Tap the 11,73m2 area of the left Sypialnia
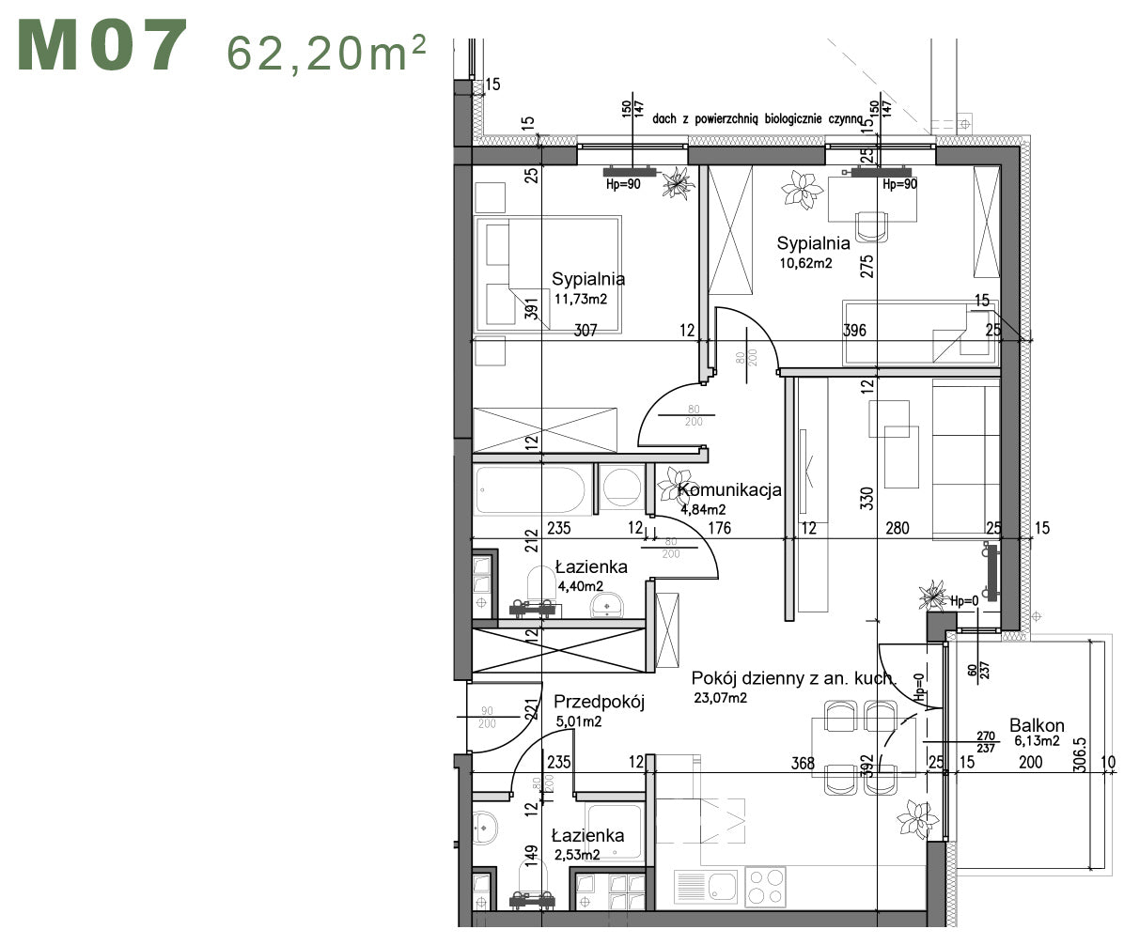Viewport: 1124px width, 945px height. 581,301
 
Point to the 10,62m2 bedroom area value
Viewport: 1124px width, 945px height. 804,263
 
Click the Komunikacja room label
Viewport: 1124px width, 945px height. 729,490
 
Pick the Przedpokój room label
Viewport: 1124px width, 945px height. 598,702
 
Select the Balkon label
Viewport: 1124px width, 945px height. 1037,725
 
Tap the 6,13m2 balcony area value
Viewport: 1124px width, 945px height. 1037,741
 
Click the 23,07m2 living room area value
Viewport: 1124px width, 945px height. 720,698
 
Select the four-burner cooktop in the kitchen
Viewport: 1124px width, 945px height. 765,886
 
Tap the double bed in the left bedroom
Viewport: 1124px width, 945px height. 548,274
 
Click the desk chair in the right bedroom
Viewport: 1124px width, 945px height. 872,225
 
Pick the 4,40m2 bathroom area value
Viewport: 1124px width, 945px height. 581,586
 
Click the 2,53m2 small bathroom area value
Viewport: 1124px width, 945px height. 577,855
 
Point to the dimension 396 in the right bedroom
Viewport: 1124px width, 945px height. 854,331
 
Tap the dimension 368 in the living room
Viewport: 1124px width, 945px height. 803,764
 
